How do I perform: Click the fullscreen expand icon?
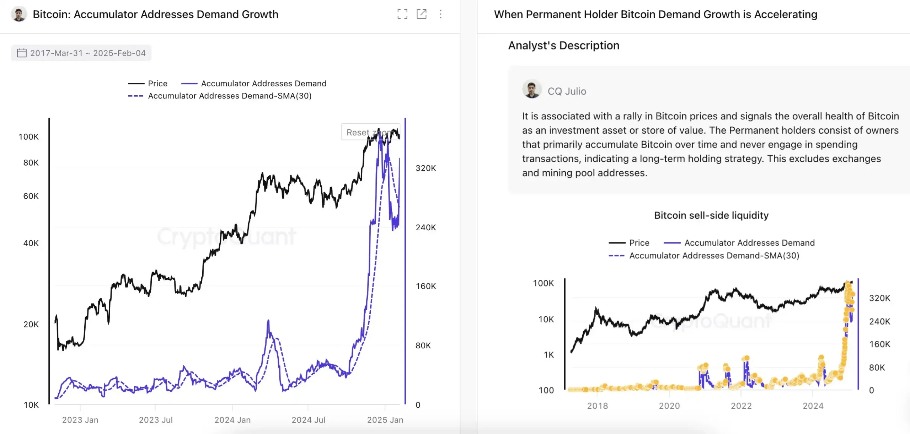pyautogui.click(x=402, y=14)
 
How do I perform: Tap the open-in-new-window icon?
pyautogui.click(x=421, y=14)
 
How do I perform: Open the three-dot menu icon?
pyautogui.click(x=440, y=14)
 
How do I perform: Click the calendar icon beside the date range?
pyautogui.click(x=22, y=53)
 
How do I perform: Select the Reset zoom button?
pyautogui.click(x=370, y=132)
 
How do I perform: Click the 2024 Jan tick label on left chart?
pyautogui.click(x=232, y=420)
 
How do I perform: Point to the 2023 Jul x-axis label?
pyautogui.click(x=156, y=420)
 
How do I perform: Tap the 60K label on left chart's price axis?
pyautogui.click(x=31, y=196)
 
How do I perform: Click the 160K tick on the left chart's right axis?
pyautogui.click(x=426, y=286)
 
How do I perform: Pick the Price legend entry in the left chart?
pyautogui.click(x=157, y=84)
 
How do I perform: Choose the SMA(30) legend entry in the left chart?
pyautogui.click(x=230, y=96)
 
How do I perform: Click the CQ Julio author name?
pyautogui.click(x=567, y=91)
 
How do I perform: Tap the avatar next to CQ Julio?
pyautogui.click(x=532, y=89)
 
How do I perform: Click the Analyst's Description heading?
pyautogui.click(x=563, y=45)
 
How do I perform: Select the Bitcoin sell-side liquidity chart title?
pyautogui.click(x=711, y=215)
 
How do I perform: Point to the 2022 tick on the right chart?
pyautogui.click(x=741, y=406)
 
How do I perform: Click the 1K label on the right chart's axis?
pyautogui.click(x=548, y=354)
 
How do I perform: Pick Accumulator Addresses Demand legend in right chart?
pyautogui.click(x=749, y=243)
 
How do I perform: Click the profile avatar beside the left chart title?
pyautogui.click(x=19, y=14)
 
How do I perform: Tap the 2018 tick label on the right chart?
pyautogui.click(x=598, y=406)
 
